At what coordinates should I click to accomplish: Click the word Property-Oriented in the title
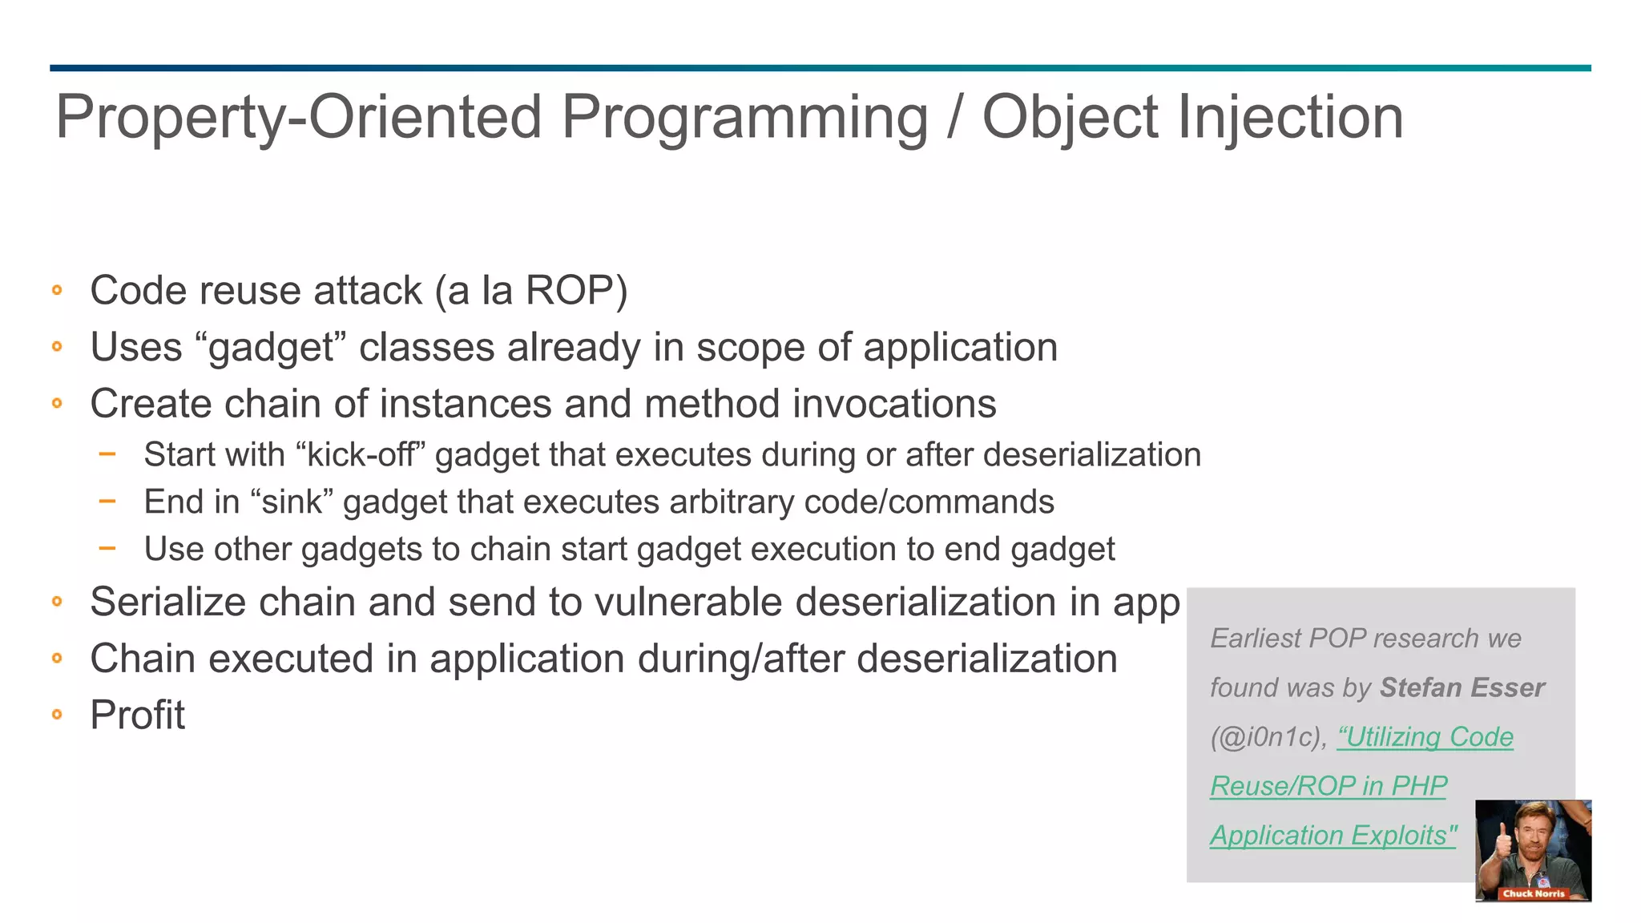(298, 118)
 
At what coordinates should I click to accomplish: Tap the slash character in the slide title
(954, 118)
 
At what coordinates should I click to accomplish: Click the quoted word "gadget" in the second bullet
(270, 348)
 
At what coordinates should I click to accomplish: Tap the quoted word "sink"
(291, 502)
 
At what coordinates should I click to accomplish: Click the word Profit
(137, 715)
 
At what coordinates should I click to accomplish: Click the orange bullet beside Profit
(57, 715)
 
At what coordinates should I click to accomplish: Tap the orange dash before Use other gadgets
(107, 549)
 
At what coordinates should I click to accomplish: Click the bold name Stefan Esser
(1462, 687)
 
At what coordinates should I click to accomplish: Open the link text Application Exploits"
(1333, 836)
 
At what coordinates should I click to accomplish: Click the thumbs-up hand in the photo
(1503, 841)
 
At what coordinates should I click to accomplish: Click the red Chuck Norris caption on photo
(1533, 893)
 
